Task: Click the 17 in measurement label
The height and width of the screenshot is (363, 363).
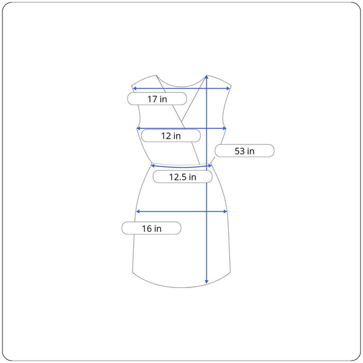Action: [x=157, y=99]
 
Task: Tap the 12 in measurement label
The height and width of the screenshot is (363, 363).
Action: [x=171, y=136]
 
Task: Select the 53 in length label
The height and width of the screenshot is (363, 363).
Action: [x=244, y=151]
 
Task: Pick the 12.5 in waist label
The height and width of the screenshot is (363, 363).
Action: [x=183, y=177]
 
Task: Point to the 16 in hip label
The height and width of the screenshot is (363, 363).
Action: [x=151, y=228]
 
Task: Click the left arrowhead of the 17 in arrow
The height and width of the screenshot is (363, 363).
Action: [x=134, y=88]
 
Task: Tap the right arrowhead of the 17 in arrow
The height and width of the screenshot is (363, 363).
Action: [x=229, y=88]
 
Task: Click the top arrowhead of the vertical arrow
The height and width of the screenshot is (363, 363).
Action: [x=206, y=77]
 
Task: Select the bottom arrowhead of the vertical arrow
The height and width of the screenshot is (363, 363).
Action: [x=206, y=281]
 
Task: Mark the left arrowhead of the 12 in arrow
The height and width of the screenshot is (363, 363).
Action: [x=139, y=128]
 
